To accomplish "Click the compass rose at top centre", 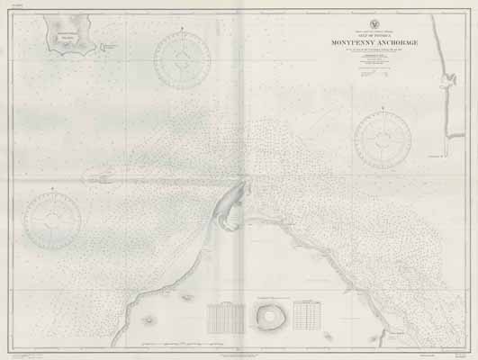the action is pos(183,60).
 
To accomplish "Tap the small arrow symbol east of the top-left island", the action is pos(109,47).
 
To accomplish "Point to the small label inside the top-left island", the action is pos(67,32).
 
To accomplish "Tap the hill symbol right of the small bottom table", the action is pos(329,337).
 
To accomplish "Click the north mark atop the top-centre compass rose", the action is pos(183,31).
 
